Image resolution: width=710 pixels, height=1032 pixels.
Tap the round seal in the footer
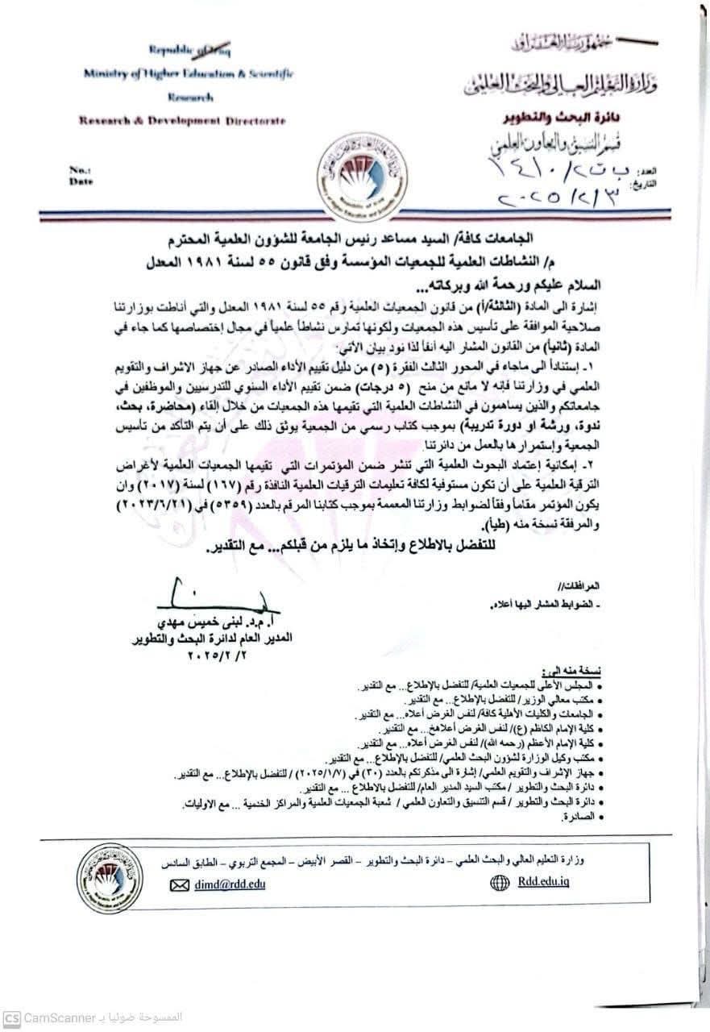pyautogui.click(x=110, y=877)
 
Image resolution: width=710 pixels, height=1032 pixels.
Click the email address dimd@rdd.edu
pyautogui.click(x=229, y=884)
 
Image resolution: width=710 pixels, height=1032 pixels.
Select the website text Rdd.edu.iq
pyautogui.click(x=543, y=883)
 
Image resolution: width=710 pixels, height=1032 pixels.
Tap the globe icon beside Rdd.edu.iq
pyautogui.click(x=500, y=883)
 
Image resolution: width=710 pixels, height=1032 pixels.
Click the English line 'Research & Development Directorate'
pyautogui.click(x=182, y=120)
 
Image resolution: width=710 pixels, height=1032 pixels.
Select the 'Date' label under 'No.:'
pyautogui.click(x=81, y=181)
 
